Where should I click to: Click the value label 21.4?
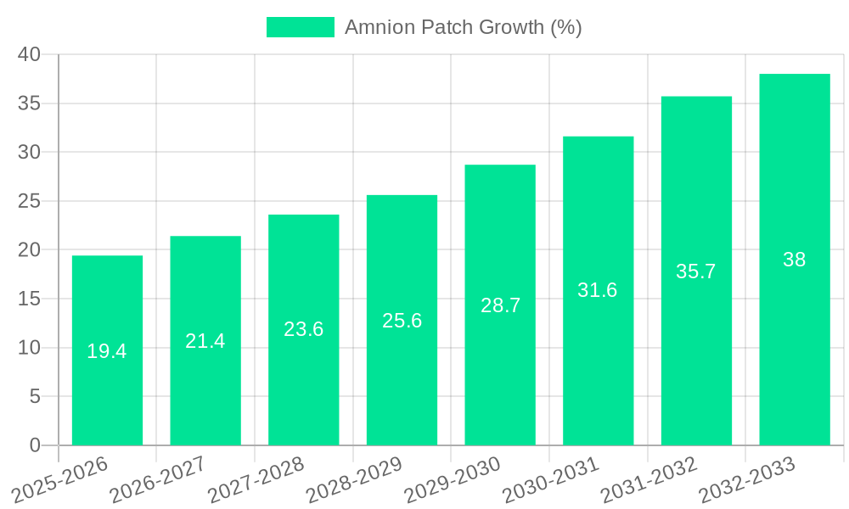click(205, 341)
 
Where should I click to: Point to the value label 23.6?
click(303, 329)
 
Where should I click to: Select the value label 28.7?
click(500, 305)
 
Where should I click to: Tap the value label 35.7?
click(696, 271)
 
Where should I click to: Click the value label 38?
click(794, 260)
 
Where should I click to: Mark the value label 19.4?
click(107, 351)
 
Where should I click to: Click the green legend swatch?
click(300, 27)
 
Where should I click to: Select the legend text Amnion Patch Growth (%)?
click(463, 27)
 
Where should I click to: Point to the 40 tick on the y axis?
click(30, 54)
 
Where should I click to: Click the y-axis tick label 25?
click(30, 201)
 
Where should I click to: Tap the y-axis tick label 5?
click(35, 396)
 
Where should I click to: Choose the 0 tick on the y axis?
click(35, 445)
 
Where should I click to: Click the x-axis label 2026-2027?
click(158, 480)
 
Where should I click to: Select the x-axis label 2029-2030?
click(452, 480)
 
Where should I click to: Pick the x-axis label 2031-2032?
click(649, 480)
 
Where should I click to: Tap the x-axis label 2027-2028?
click(256, 480)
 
